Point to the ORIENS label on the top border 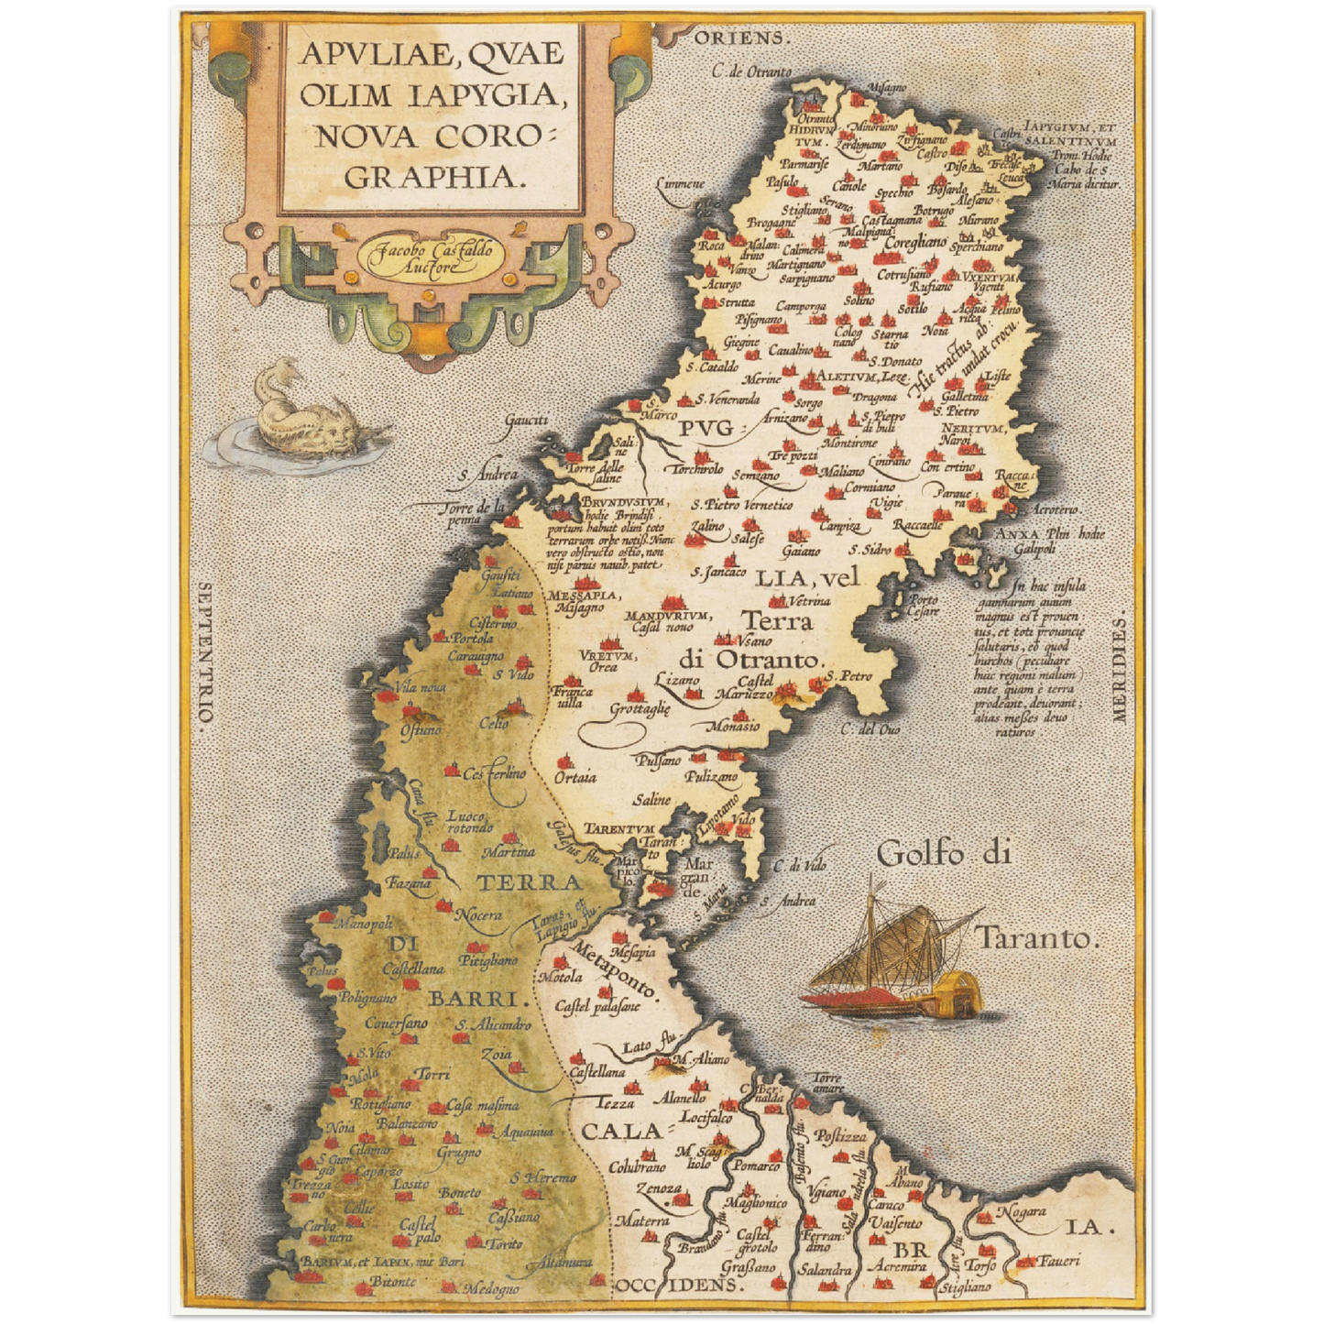[740, 38]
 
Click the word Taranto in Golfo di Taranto [1035, 938]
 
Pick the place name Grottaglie [640, 708]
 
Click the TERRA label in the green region [529, 882]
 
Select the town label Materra [642, 1220]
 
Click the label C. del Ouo [870, 729]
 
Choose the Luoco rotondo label [470, 821]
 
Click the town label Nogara [1022, 1211]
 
